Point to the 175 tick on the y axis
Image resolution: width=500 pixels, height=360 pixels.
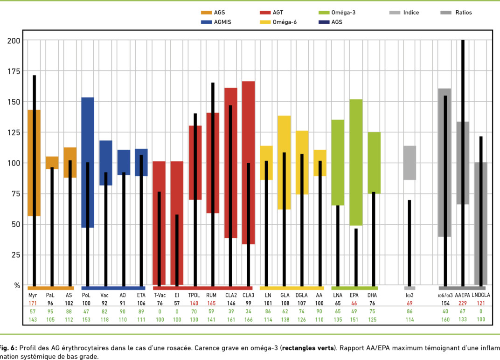pyautogui.click(x=14, y=71)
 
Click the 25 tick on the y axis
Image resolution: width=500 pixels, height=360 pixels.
pyautogui.click(x=16, y=255)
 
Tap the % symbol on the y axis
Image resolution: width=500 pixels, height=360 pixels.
pyautogui.click(x=17, y=285)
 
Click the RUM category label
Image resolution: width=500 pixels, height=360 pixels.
pyautogui.click(x=211, y=295)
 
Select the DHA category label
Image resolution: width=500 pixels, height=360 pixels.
pyautogui.click(x=373, y=295)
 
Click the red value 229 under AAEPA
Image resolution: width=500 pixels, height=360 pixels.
pyautogui.click(x=463, y=303)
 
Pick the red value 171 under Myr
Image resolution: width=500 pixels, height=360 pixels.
pyautogui.click(x=33, y=303)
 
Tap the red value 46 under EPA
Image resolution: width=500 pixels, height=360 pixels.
pyautogui.click(x=354, y=303)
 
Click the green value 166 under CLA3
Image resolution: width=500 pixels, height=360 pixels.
pyautogui.click(x=248, y=319)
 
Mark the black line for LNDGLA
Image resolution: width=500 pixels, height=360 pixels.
pyautogui.click(x=480, y=210)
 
